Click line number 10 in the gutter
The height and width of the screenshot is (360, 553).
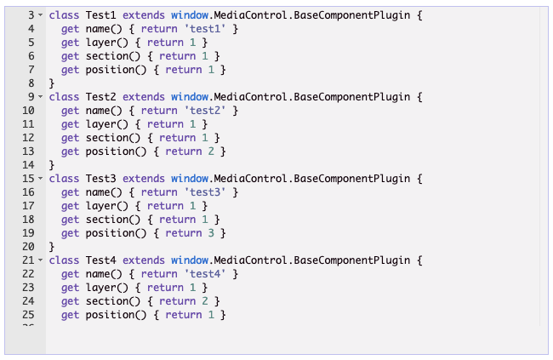coord(26,111)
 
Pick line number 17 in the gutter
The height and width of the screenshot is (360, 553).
coord(26,206)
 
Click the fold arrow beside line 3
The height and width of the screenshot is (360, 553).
coord(40,16)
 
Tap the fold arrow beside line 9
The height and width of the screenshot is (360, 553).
coord(40,98)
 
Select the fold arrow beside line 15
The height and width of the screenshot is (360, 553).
coord(40,180)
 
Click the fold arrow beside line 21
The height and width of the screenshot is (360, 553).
coord(40,261)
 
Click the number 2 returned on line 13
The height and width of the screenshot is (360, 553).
coord(211,151)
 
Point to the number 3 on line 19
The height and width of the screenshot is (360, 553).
coord(211,233)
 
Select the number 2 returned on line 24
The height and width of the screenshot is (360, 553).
coord(205,301)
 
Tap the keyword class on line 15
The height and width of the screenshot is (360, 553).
coord(64,179)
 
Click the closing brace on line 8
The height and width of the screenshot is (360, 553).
coord(52,83)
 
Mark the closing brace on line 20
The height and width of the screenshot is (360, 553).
coord(52,247)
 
